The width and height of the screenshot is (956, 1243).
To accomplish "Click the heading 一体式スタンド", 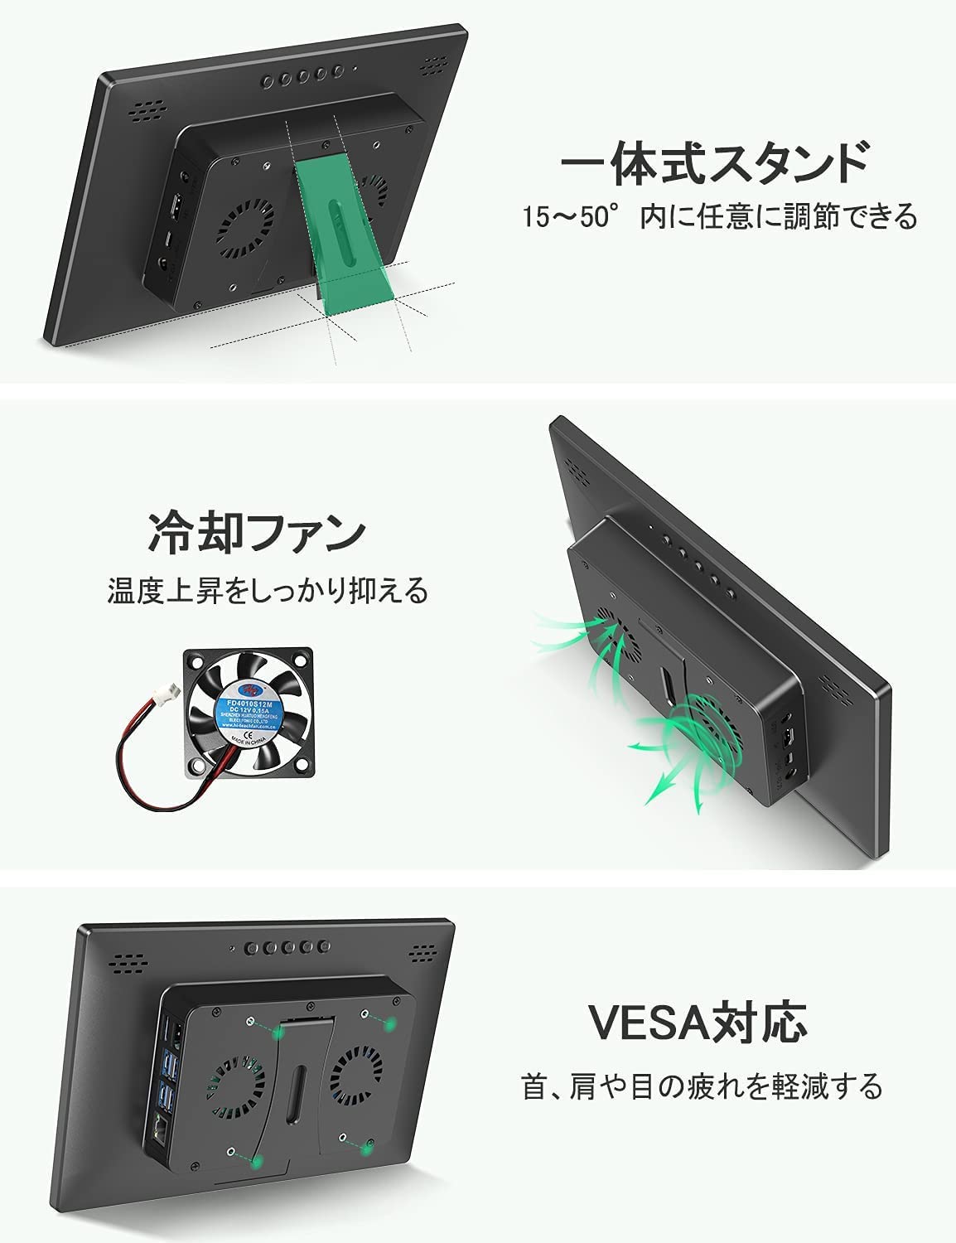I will [714, 162].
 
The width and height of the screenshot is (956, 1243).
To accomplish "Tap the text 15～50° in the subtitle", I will [572, 218].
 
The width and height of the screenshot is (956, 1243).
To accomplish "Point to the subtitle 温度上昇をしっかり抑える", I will [268, 591].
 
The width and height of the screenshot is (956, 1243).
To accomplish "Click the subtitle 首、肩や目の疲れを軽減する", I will [702, 1086].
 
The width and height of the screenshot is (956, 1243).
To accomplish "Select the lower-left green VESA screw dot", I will [258, 1163].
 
